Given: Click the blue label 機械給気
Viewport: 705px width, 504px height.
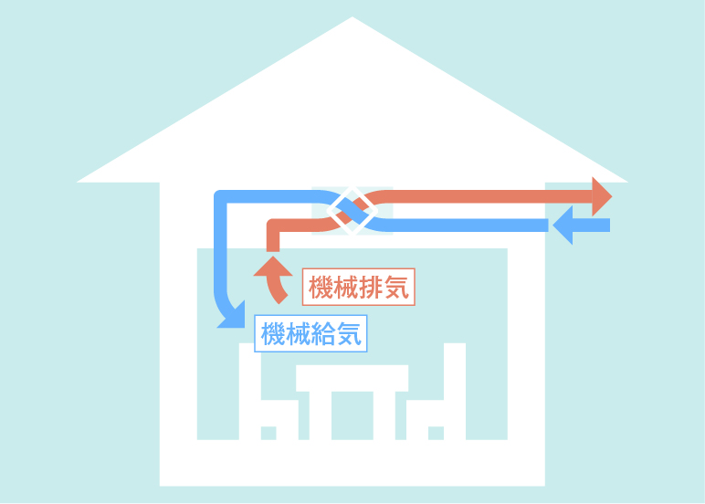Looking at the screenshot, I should coord(311,335).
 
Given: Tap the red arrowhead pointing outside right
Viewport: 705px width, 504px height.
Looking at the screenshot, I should coord(601,196).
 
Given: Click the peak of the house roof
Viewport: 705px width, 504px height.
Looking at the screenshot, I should coord(352,20).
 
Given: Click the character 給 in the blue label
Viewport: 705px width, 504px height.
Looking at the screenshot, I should coord(324,335).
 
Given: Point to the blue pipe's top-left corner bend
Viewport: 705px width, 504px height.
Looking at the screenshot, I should coord(222,198).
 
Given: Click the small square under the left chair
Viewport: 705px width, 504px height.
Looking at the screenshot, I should coord(268,432).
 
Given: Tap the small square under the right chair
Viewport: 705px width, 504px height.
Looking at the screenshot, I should coord(436,432).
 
